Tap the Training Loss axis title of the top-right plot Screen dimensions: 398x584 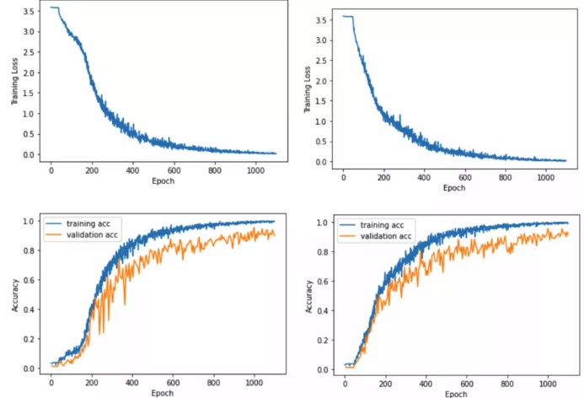307,90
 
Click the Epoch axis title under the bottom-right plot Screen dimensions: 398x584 454,394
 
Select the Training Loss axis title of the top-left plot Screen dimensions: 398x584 15,84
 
